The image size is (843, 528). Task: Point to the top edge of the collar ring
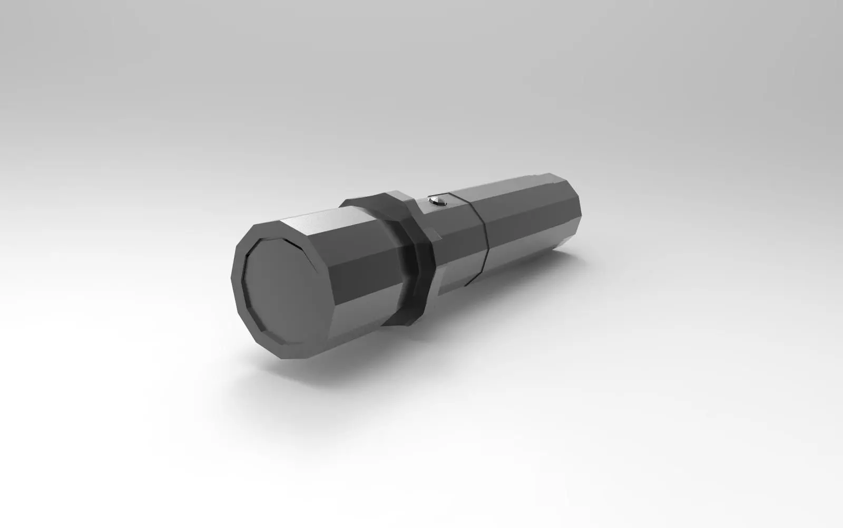pos(369,196)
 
